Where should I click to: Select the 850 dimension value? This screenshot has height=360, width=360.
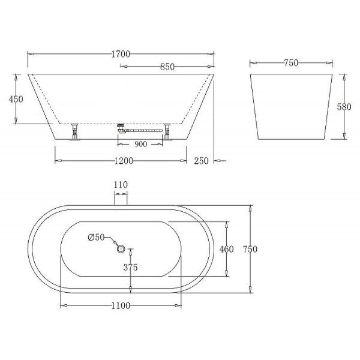click(x=167, y=67)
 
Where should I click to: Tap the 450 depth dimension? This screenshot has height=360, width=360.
click(x=16, y=99)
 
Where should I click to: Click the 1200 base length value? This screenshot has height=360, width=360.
click(x=122, y=161)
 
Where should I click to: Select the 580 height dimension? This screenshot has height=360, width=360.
click(x=343, y=107)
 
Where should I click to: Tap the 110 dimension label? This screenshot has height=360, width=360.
click(x=120, y=185)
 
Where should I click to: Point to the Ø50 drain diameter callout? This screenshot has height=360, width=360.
click(x=96, y=238)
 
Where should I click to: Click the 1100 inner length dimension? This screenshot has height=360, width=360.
click(x=121, y=305)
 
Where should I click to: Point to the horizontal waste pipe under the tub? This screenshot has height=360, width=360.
click(x=144, y=129)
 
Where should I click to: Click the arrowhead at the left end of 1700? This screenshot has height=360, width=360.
click(x=31, y=55)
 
